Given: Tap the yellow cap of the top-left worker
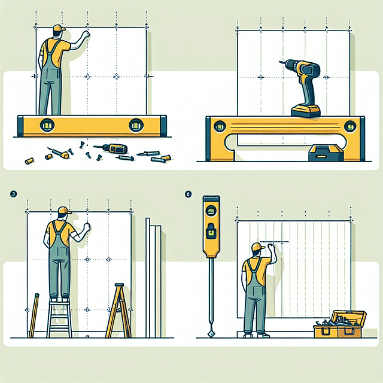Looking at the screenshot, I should [58, 29].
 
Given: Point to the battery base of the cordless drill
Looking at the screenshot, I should [306, 111].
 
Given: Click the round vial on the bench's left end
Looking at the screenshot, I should [218, 126].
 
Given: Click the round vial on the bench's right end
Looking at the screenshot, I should [352, 126].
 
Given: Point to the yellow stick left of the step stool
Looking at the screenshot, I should [34, 315].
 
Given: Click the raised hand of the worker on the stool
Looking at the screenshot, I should [87, 228].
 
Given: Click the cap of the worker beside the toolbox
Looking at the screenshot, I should [257, 247].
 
